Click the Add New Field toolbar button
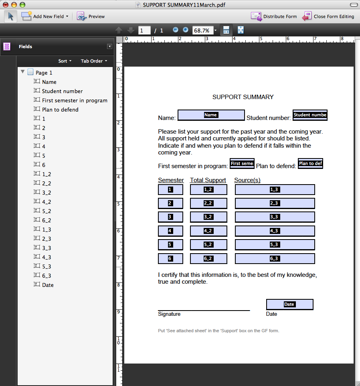45,16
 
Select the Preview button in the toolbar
91,16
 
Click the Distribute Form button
274,16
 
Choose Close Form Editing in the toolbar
328,16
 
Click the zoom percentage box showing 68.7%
202,30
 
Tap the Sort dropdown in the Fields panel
65,61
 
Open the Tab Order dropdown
94,61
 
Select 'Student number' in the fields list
62,91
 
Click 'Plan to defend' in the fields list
60,110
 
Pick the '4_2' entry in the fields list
47,202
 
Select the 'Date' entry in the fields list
48,285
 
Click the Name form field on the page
211,115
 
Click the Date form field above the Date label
289,305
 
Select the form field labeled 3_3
275,217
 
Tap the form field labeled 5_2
208,245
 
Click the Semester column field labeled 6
170,259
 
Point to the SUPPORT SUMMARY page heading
243,97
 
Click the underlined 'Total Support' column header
208,180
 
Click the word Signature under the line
169,314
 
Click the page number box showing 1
144,30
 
